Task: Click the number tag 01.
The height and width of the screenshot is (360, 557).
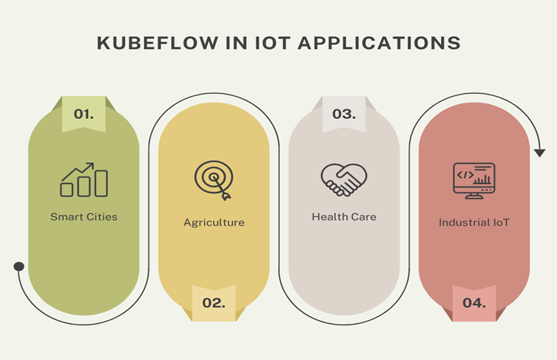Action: click(x=83, y=115)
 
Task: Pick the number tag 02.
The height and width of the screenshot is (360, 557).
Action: click(x=213, y=303)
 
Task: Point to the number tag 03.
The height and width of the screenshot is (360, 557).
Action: click(x=344, y=114)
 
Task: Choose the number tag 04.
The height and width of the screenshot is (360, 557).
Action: click(x=474, y=303)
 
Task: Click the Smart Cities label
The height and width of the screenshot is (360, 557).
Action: click(x=83, y=217)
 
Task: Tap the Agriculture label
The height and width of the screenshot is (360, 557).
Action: click(x=213, y=222)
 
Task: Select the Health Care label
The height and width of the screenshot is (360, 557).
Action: click(x=344, y=217)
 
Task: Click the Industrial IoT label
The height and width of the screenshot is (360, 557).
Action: click(x=474, y=222)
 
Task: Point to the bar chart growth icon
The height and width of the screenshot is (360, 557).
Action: click(x=83, y=180)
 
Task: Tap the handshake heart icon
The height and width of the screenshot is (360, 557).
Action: click(x=344, y=180)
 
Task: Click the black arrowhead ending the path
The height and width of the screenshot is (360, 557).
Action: click(x=539, y=152)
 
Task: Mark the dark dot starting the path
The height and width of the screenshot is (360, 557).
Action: click(x=19, y=266)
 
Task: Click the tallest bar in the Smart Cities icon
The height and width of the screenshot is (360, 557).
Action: click(x=101, y=183)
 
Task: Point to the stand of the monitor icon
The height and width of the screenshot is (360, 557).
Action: click(x=474, y=196)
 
